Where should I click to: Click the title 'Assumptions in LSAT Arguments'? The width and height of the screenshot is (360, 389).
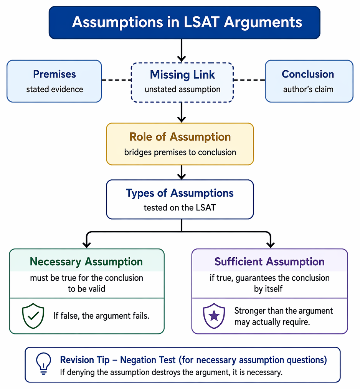[x=187, y=22]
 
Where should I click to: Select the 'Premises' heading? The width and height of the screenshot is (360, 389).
[x=54, y=74]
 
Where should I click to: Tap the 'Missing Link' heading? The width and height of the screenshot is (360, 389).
[x=182, y=74]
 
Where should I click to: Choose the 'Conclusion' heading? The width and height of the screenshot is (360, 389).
[x=308, y=74]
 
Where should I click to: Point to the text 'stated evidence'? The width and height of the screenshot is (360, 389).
[x=54, y=89]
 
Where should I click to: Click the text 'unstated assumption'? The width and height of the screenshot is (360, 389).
[x=182, y=89]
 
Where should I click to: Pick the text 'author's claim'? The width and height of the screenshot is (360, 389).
[x=308, y=89]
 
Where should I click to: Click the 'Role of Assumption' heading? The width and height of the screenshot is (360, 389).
[x=180, y=137]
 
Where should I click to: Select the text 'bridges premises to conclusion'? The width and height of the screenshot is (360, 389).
[x=180, y=152]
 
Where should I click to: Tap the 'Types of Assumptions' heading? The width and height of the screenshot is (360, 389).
[x=180, y=193]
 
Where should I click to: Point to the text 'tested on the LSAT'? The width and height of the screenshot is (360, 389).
[x=180, y=207]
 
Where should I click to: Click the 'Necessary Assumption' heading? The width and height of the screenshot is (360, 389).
[x=86, y=262]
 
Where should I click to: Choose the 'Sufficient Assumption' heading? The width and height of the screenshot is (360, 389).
[x=269, y=262]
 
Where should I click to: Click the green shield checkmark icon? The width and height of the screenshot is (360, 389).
[x=33, y=316]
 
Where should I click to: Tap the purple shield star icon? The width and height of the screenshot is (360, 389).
[x=214, y=316]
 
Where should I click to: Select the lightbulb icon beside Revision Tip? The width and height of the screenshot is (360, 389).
[x=44, y=364]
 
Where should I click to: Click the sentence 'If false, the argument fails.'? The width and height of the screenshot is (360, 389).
[x=101, y=316]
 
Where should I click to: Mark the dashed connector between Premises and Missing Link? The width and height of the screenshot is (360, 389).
[x=116, y=80]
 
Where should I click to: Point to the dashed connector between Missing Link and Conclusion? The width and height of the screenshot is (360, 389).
[x=249, y=80]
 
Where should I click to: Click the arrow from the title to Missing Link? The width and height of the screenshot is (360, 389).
[x=182, y=50]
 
